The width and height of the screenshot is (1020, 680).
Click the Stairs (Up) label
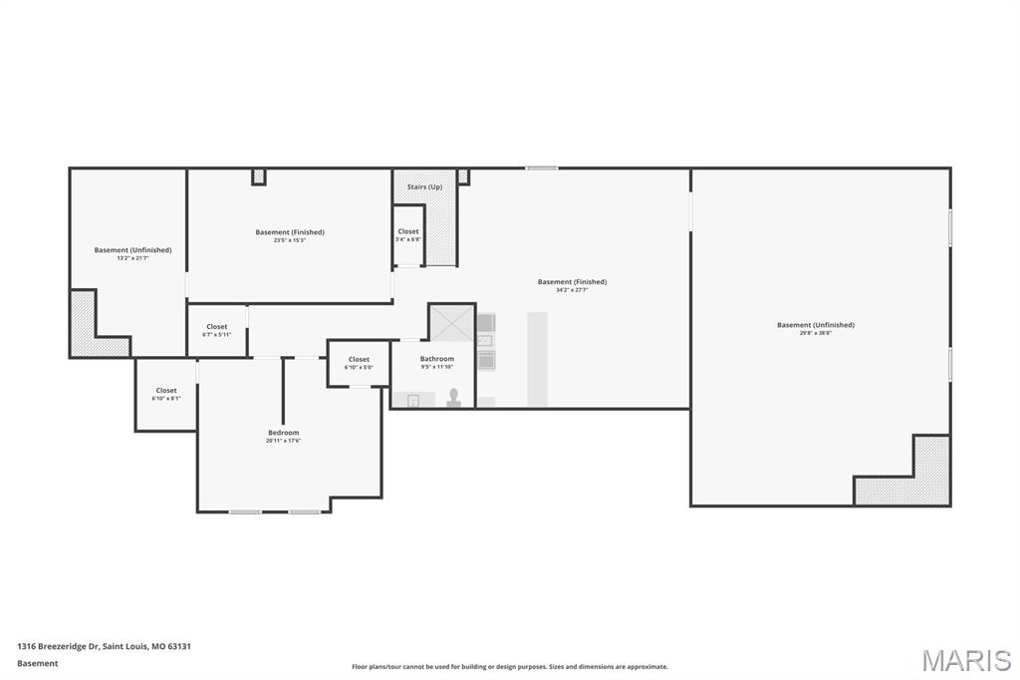(424, 186)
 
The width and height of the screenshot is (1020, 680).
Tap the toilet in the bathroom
(454, 398)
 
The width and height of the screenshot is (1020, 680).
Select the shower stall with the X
(452, 323)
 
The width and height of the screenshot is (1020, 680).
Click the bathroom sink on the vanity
(413, 401)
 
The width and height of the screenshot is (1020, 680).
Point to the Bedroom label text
(283, 433)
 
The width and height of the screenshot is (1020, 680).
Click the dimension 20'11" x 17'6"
(283, 441)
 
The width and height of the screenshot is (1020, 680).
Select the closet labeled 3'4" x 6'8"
(408, 235)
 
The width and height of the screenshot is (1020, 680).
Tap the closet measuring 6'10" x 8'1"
(166, 395)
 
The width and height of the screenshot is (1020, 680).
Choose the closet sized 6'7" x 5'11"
(216, 331)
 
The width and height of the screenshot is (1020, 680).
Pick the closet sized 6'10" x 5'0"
(359, 363)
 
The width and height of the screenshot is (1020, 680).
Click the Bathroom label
(436, 359)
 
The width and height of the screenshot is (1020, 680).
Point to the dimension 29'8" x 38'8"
(815, 333)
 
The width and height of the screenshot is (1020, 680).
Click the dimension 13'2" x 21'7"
(132, 258)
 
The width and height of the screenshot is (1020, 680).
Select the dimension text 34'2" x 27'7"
(572, 290)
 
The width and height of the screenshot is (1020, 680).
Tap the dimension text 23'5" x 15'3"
(289, 240)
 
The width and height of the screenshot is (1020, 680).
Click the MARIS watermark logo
(965, 660)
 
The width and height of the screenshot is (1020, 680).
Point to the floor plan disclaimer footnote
(509, 667)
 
